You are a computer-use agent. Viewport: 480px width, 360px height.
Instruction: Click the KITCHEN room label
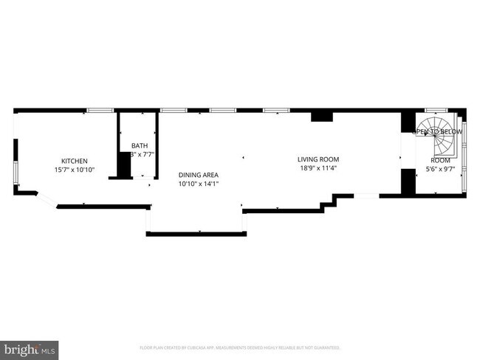[74, 161]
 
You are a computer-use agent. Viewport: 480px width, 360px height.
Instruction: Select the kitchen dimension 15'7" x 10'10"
[74, 170]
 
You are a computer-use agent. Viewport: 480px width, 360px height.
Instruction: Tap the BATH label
[139, 145]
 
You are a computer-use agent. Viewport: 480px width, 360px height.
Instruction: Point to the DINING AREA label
[198, 175]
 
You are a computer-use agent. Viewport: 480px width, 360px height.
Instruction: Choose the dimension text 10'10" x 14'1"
[198, 184]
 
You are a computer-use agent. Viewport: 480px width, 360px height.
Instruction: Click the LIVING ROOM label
[318, 159]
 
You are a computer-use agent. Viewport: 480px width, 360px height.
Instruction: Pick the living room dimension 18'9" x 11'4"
[318, 168]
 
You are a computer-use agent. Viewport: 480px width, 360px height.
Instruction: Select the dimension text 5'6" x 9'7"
[440, 169]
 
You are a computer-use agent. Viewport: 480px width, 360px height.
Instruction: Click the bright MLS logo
[30, 347]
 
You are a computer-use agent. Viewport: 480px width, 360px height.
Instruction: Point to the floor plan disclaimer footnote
[239, 347]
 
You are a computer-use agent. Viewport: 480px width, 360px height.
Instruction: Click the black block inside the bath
[123, 165]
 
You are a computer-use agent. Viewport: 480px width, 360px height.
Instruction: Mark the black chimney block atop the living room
[321, 116]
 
